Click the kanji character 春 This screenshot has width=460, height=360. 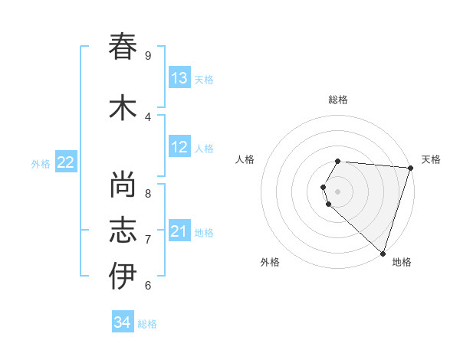point(123,47)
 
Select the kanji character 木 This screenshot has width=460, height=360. point(123,108)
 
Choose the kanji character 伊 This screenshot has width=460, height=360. point(123,276)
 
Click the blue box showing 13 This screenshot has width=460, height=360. point(179,78)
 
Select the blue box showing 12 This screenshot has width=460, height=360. point(179,147)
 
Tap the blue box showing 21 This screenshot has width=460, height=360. point(179,231)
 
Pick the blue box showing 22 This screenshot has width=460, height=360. point(66,162)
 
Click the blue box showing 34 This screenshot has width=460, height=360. point(123,322)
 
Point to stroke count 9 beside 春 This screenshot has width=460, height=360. point(147,56)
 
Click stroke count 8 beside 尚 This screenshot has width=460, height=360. point(147,194)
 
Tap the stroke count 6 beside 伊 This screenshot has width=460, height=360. point(147,286)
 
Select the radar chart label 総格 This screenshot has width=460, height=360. point(338,100)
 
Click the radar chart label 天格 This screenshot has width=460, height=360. point(431,159)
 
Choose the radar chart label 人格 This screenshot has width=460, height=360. point(245,159)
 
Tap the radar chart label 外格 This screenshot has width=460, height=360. point(270,262)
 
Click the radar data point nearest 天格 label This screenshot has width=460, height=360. point(410,168)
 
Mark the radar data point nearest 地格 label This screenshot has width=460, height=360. point(383,253)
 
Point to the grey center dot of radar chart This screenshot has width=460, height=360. point(338,191)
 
